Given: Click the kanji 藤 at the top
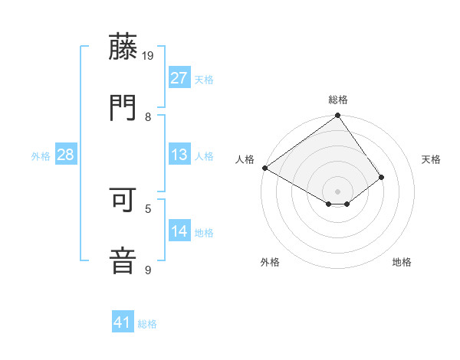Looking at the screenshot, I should tap(123, 47).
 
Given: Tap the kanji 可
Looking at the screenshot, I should tap(123, 201).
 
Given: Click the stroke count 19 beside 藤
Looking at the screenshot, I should tap(149, 56).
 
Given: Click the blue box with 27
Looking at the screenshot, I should tap(179, 78).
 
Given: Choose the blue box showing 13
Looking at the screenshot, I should tap(179, 155).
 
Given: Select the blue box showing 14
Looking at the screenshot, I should tap(179, 231).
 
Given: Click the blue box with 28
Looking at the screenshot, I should tap(66, 155).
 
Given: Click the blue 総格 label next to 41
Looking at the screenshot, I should tap(147, 324).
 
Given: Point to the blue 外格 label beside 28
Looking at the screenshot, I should tap(41, 155).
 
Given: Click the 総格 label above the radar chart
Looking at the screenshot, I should tap(337, 100).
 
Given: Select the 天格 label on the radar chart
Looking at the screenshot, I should tap(432, 159).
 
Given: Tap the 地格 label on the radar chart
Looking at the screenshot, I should tap(402, 262).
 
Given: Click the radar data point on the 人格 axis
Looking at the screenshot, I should tap(264, 168).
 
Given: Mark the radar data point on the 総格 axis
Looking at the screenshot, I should tap(337, 116).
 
